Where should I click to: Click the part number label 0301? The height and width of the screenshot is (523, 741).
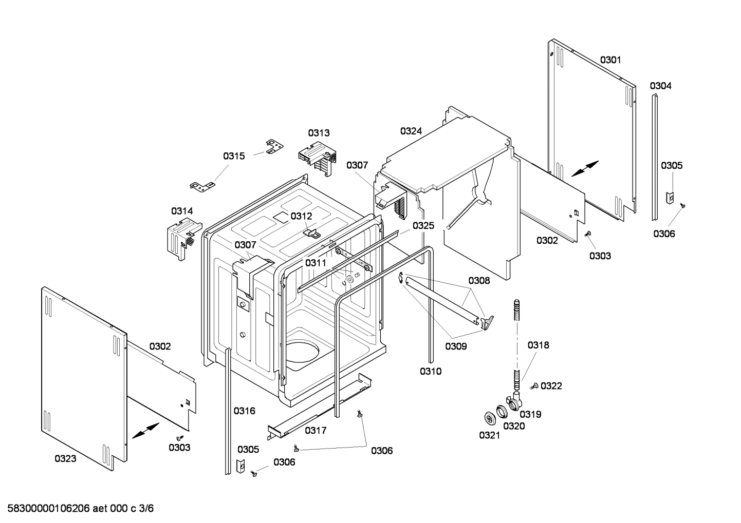click(610, 60)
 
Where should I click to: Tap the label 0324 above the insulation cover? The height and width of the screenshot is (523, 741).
click(411, 131)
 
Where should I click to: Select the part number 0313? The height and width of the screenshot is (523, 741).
click(319, 133)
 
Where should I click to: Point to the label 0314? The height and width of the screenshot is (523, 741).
click(182, 211)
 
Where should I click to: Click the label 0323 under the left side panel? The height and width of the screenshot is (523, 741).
click(65, 458)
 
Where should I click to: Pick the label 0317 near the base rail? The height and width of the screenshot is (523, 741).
click(316, 430)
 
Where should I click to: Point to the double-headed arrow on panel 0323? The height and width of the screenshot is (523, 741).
click(145, 431)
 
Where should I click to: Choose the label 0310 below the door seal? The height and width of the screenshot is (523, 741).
click(430, 371)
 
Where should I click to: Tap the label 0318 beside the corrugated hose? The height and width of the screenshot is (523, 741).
click(538, 345)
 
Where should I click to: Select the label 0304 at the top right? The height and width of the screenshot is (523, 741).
click(660, 86)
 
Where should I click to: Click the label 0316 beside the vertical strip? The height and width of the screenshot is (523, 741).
click(244, 411)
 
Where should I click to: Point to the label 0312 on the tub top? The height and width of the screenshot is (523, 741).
click(301, 216)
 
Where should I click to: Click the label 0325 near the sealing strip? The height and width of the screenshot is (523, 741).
click(423, 225)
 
